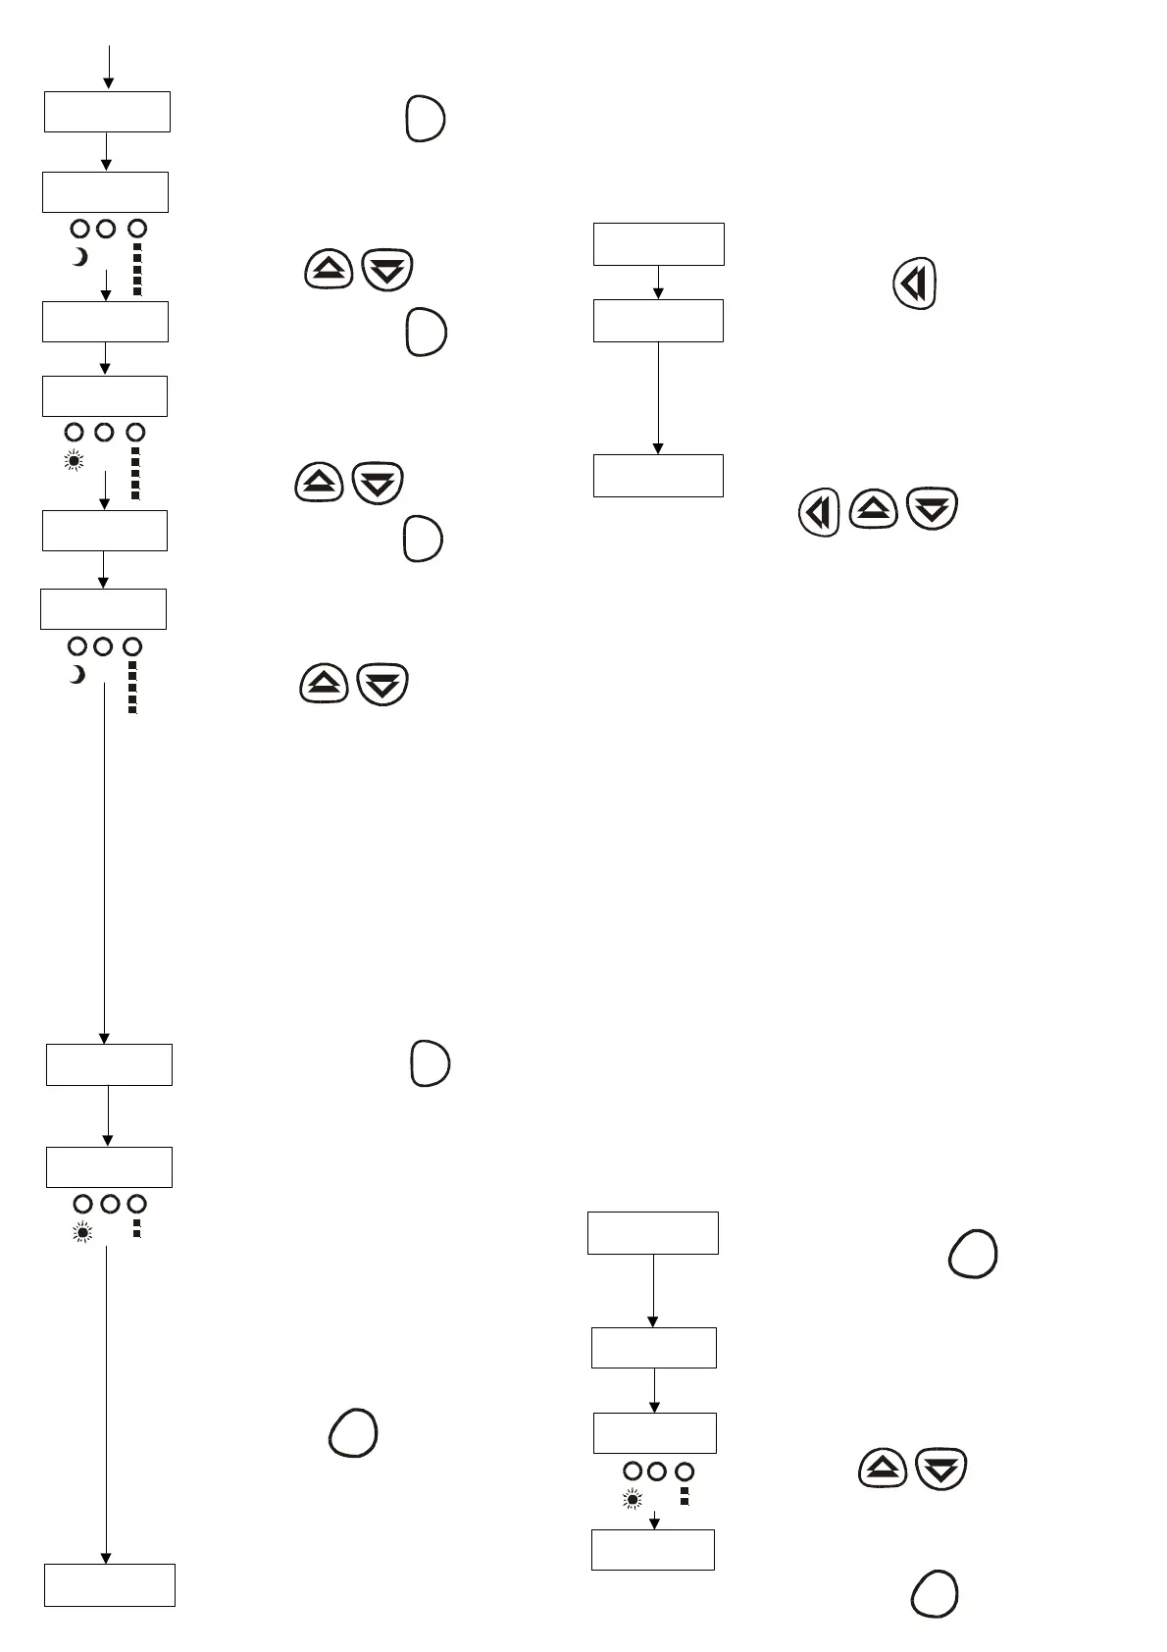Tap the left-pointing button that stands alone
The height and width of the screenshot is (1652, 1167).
914,284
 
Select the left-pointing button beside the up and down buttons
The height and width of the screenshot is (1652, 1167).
819,512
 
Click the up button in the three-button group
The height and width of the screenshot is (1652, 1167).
873,508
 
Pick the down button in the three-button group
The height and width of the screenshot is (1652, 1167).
932,509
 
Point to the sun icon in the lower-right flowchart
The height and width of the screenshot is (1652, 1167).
633,1499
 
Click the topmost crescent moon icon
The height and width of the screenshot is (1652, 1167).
80,257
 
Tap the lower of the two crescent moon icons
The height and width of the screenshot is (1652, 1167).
76,675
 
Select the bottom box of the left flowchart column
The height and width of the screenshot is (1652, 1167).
110,1584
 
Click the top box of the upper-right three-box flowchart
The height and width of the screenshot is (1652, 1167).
658,243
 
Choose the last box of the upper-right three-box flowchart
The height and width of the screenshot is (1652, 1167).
658,475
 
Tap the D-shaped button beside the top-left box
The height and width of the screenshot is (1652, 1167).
425,119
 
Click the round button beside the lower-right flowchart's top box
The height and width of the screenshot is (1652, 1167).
973,1254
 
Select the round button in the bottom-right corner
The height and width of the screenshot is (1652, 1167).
934,1593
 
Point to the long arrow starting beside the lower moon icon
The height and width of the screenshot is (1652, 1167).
104,863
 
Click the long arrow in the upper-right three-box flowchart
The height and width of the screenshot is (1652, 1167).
658,397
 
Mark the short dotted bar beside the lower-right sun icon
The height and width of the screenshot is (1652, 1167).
685,1496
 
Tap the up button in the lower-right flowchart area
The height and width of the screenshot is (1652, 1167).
883,1469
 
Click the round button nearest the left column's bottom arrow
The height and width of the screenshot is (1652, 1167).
353,1432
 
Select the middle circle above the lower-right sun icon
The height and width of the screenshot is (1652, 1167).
657,1471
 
